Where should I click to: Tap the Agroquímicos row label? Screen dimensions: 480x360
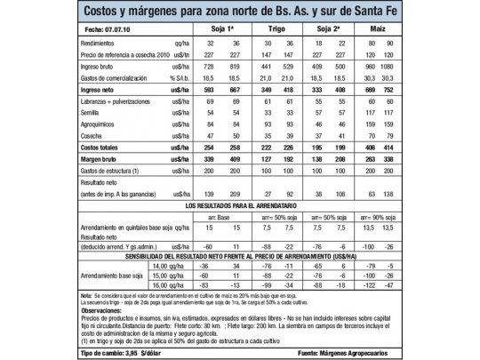[x=100, y=125]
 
